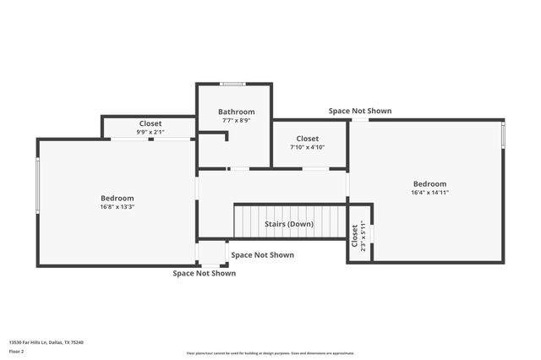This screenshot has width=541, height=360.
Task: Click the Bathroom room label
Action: (x=236, y=112)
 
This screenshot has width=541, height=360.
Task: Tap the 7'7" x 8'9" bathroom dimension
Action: (x=236, y=121)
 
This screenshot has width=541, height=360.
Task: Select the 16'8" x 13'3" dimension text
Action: (x=117, y=206)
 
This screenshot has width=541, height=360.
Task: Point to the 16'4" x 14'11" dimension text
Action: (x=429, y=193)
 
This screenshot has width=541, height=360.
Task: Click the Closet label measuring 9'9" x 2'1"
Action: (x=150, y=123)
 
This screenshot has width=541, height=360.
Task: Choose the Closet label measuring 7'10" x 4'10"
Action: (x=307, y=139)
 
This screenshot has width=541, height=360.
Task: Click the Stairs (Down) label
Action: (x=288, y=224)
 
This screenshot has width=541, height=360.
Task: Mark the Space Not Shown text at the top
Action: (x=360, y=111)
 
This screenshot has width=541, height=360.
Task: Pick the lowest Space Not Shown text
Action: (x=205, y=273)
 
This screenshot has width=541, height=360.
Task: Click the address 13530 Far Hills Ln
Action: (x=46, y=342)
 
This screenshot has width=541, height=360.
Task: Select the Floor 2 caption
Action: (x=16, y=351)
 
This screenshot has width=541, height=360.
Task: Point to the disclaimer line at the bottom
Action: (x=270, y=353)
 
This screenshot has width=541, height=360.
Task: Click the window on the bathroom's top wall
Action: (x=232, y=84)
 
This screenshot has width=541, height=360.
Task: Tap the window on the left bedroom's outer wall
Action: (x=38, y=185)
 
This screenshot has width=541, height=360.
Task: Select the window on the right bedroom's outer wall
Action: (x=503, y=134)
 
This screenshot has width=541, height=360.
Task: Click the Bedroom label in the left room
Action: (x=117, y=198)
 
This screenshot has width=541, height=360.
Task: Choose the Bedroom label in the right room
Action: (x=429, y=183)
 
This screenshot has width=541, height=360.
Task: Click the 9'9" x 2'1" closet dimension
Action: (x=150, y=132)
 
